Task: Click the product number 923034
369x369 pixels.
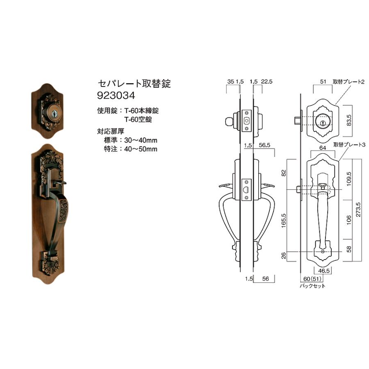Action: pyautogui.click(x=116, y=96)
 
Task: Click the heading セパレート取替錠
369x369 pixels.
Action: pyautogui.click(x=134, y=84)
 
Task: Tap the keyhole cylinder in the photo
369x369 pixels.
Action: pyautogui.click(x=53, y=113)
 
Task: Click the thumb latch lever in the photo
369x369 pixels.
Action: pyautogui.click(x=60, y=183)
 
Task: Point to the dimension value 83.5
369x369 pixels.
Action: pyautogui.click(x=349, y=120)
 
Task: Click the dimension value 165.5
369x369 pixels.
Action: pyautogui.click(x=284, y=220)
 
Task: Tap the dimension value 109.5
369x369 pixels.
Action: pyautogui.click(x=349, y=179)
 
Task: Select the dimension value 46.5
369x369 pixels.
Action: pyautogui.click(x=324, y=271)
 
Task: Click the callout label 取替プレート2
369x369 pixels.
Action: pyautogui.click(x=348, y=82)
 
